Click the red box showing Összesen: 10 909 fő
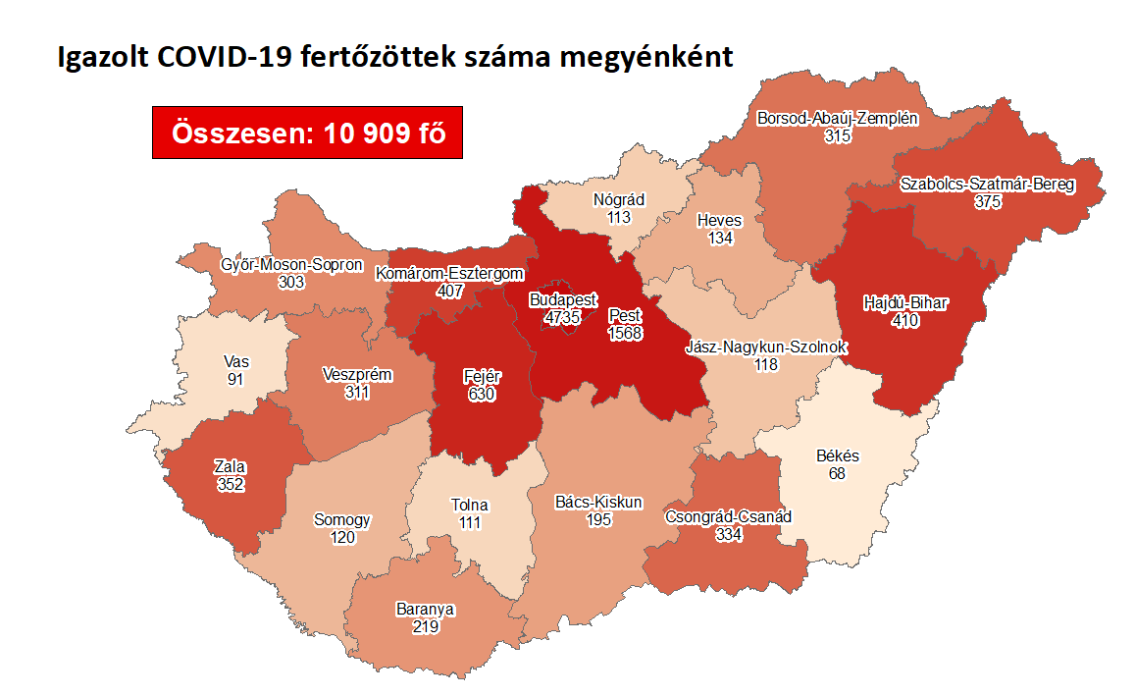307,133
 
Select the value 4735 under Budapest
563,316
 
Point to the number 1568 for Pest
626,334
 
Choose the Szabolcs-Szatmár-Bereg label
987,184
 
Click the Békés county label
837,456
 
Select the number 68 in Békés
837,473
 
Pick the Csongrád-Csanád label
728,516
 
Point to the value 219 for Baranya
424,625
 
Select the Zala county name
231,466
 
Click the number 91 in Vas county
234,379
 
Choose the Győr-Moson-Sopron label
291,265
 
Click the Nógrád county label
618,200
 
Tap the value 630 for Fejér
480,394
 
